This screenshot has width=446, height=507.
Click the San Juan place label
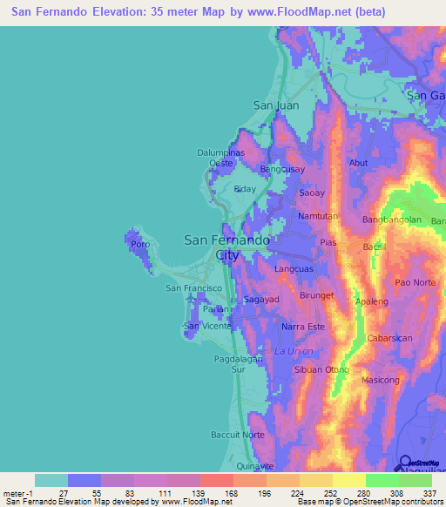point(275,105)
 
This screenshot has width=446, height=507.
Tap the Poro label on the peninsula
point(140,245)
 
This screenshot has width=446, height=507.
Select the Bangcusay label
point(281,169)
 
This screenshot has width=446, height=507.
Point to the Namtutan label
point(317,215)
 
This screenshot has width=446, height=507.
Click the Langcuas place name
point(295,271)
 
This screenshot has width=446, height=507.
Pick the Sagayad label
point(260,299)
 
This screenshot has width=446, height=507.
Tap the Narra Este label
point(303,327)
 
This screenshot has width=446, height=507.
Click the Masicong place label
point(380,380)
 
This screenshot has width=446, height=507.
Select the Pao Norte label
point(415,282)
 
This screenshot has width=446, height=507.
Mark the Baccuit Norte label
point(237,434)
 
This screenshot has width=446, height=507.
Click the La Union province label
point(293,350)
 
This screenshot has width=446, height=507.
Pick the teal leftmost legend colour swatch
point(51,480)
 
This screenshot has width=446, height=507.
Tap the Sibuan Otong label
point(322,369)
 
